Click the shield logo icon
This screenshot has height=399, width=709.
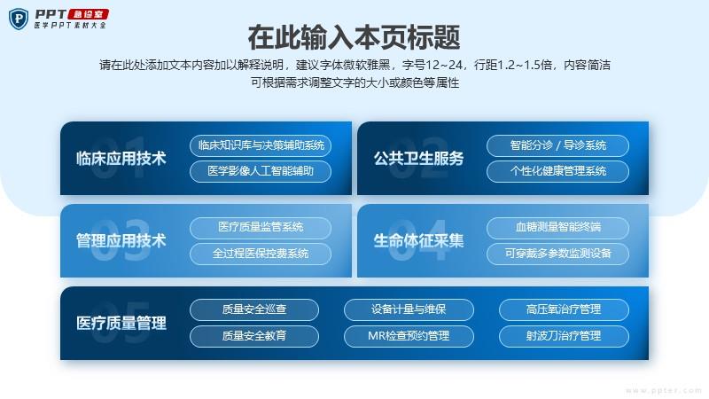pyautogui.click(x=19, y=19)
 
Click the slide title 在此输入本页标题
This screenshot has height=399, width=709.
pyautogui.click(x=354, y=37)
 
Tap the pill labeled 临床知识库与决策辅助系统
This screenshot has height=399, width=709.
pyautogui.click(x=261, y=145)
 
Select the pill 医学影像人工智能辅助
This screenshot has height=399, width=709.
pyautogui.click(x=261, y=171)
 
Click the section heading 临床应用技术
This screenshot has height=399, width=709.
pyautogui.click(x=121, y=159)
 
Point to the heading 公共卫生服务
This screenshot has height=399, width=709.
pyautogui.click(x=418, y=159)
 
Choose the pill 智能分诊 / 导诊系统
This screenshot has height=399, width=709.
pyautogui.click(x=558, y=145)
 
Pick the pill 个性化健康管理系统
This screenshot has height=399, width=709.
pyautogui.click(x=558, y=171)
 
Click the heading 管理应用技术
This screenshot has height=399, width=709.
pyautogui.click(x=121, y=240)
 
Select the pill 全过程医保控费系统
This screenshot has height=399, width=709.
pyautogui.click(x=261, y=254)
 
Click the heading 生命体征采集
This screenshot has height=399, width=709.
pyautogui.click(x=418, y=240)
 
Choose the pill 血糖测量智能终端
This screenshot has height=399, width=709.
pyautogui.click(x=558, y=228)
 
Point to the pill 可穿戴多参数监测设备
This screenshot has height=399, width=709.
pyautogui.click(x=558, y=254)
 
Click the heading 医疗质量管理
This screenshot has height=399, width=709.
pyautogui.click(x=121, y=323)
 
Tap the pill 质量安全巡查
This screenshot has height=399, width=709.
pyautogui.click(x=254, y=309)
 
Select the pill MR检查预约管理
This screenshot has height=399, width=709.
pyautogui.click(x=409, y=336)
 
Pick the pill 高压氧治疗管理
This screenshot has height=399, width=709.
pyautogui.click(x=564, y=309)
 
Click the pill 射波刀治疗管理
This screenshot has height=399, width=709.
pyautogui.click(x=564, y=336)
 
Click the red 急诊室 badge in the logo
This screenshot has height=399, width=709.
pyautogui.click(x=89, y=14)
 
